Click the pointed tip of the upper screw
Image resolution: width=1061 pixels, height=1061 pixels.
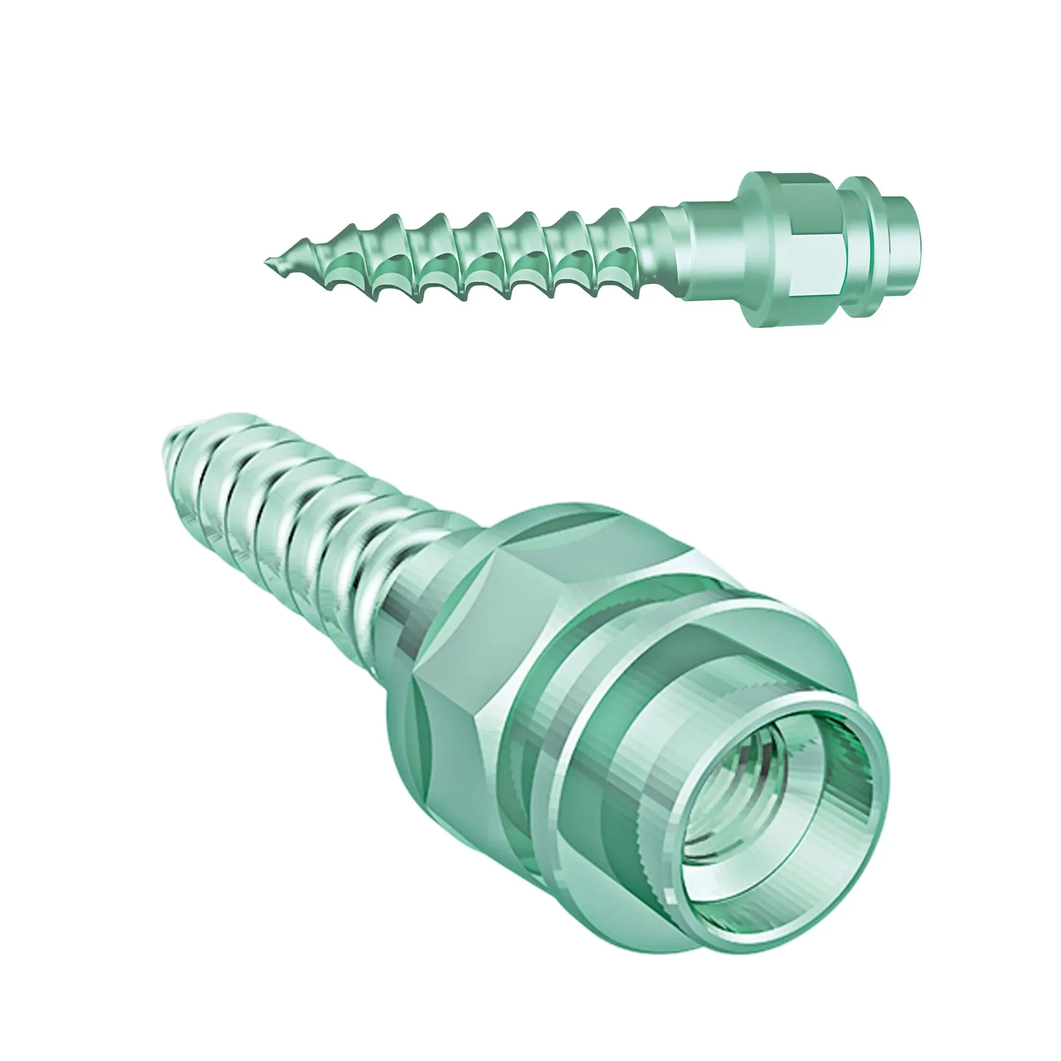[x=267, y=260]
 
